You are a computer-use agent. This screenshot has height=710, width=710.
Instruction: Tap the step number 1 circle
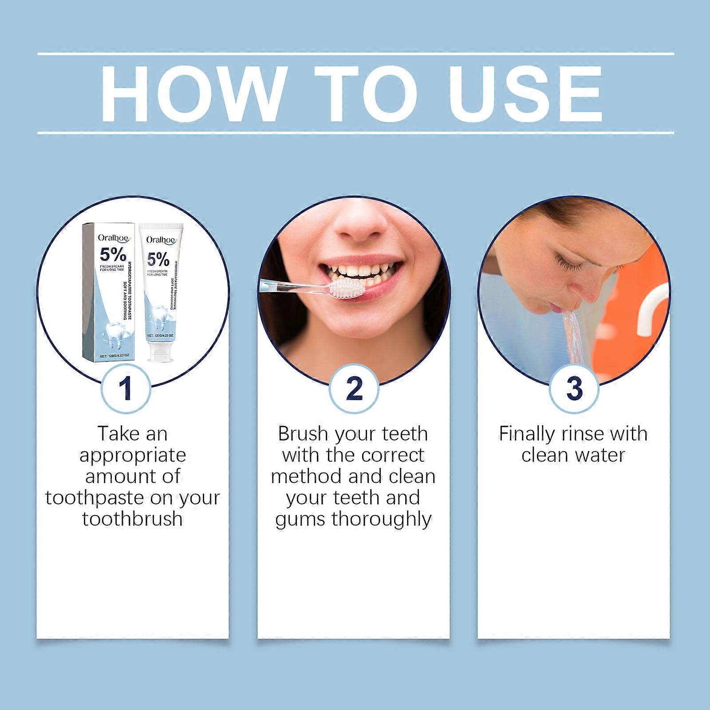tap(126, 388)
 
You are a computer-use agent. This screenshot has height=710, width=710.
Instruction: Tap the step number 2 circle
tap(354, 388)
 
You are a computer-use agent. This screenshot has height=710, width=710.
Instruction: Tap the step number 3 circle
tap(574, 388)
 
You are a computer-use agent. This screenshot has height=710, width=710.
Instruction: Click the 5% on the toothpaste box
tap(113, 255)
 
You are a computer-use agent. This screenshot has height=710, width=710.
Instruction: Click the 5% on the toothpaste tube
tap(158, 259)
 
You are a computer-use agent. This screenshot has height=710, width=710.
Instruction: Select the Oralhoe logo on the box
tap(113, 238)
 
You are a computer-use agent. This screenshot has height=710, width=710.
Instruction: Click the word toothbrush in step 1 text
tap(132, 518)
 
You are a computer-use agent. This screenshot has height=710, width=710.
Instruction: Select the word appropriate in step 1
tap(132, 455)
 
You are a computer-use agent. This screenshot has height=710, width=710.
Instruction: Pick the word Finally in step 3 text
tap(525, 434)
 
